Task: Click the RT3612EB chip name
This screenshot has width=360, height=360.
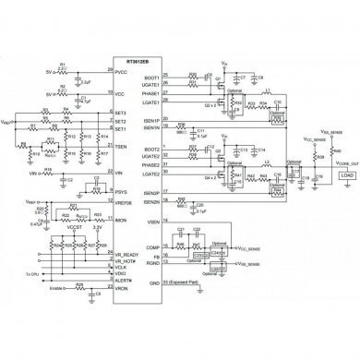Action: click(x=128, y=65)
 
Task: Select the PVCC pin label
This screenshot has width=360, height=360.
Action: click(x=121, y=73)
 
